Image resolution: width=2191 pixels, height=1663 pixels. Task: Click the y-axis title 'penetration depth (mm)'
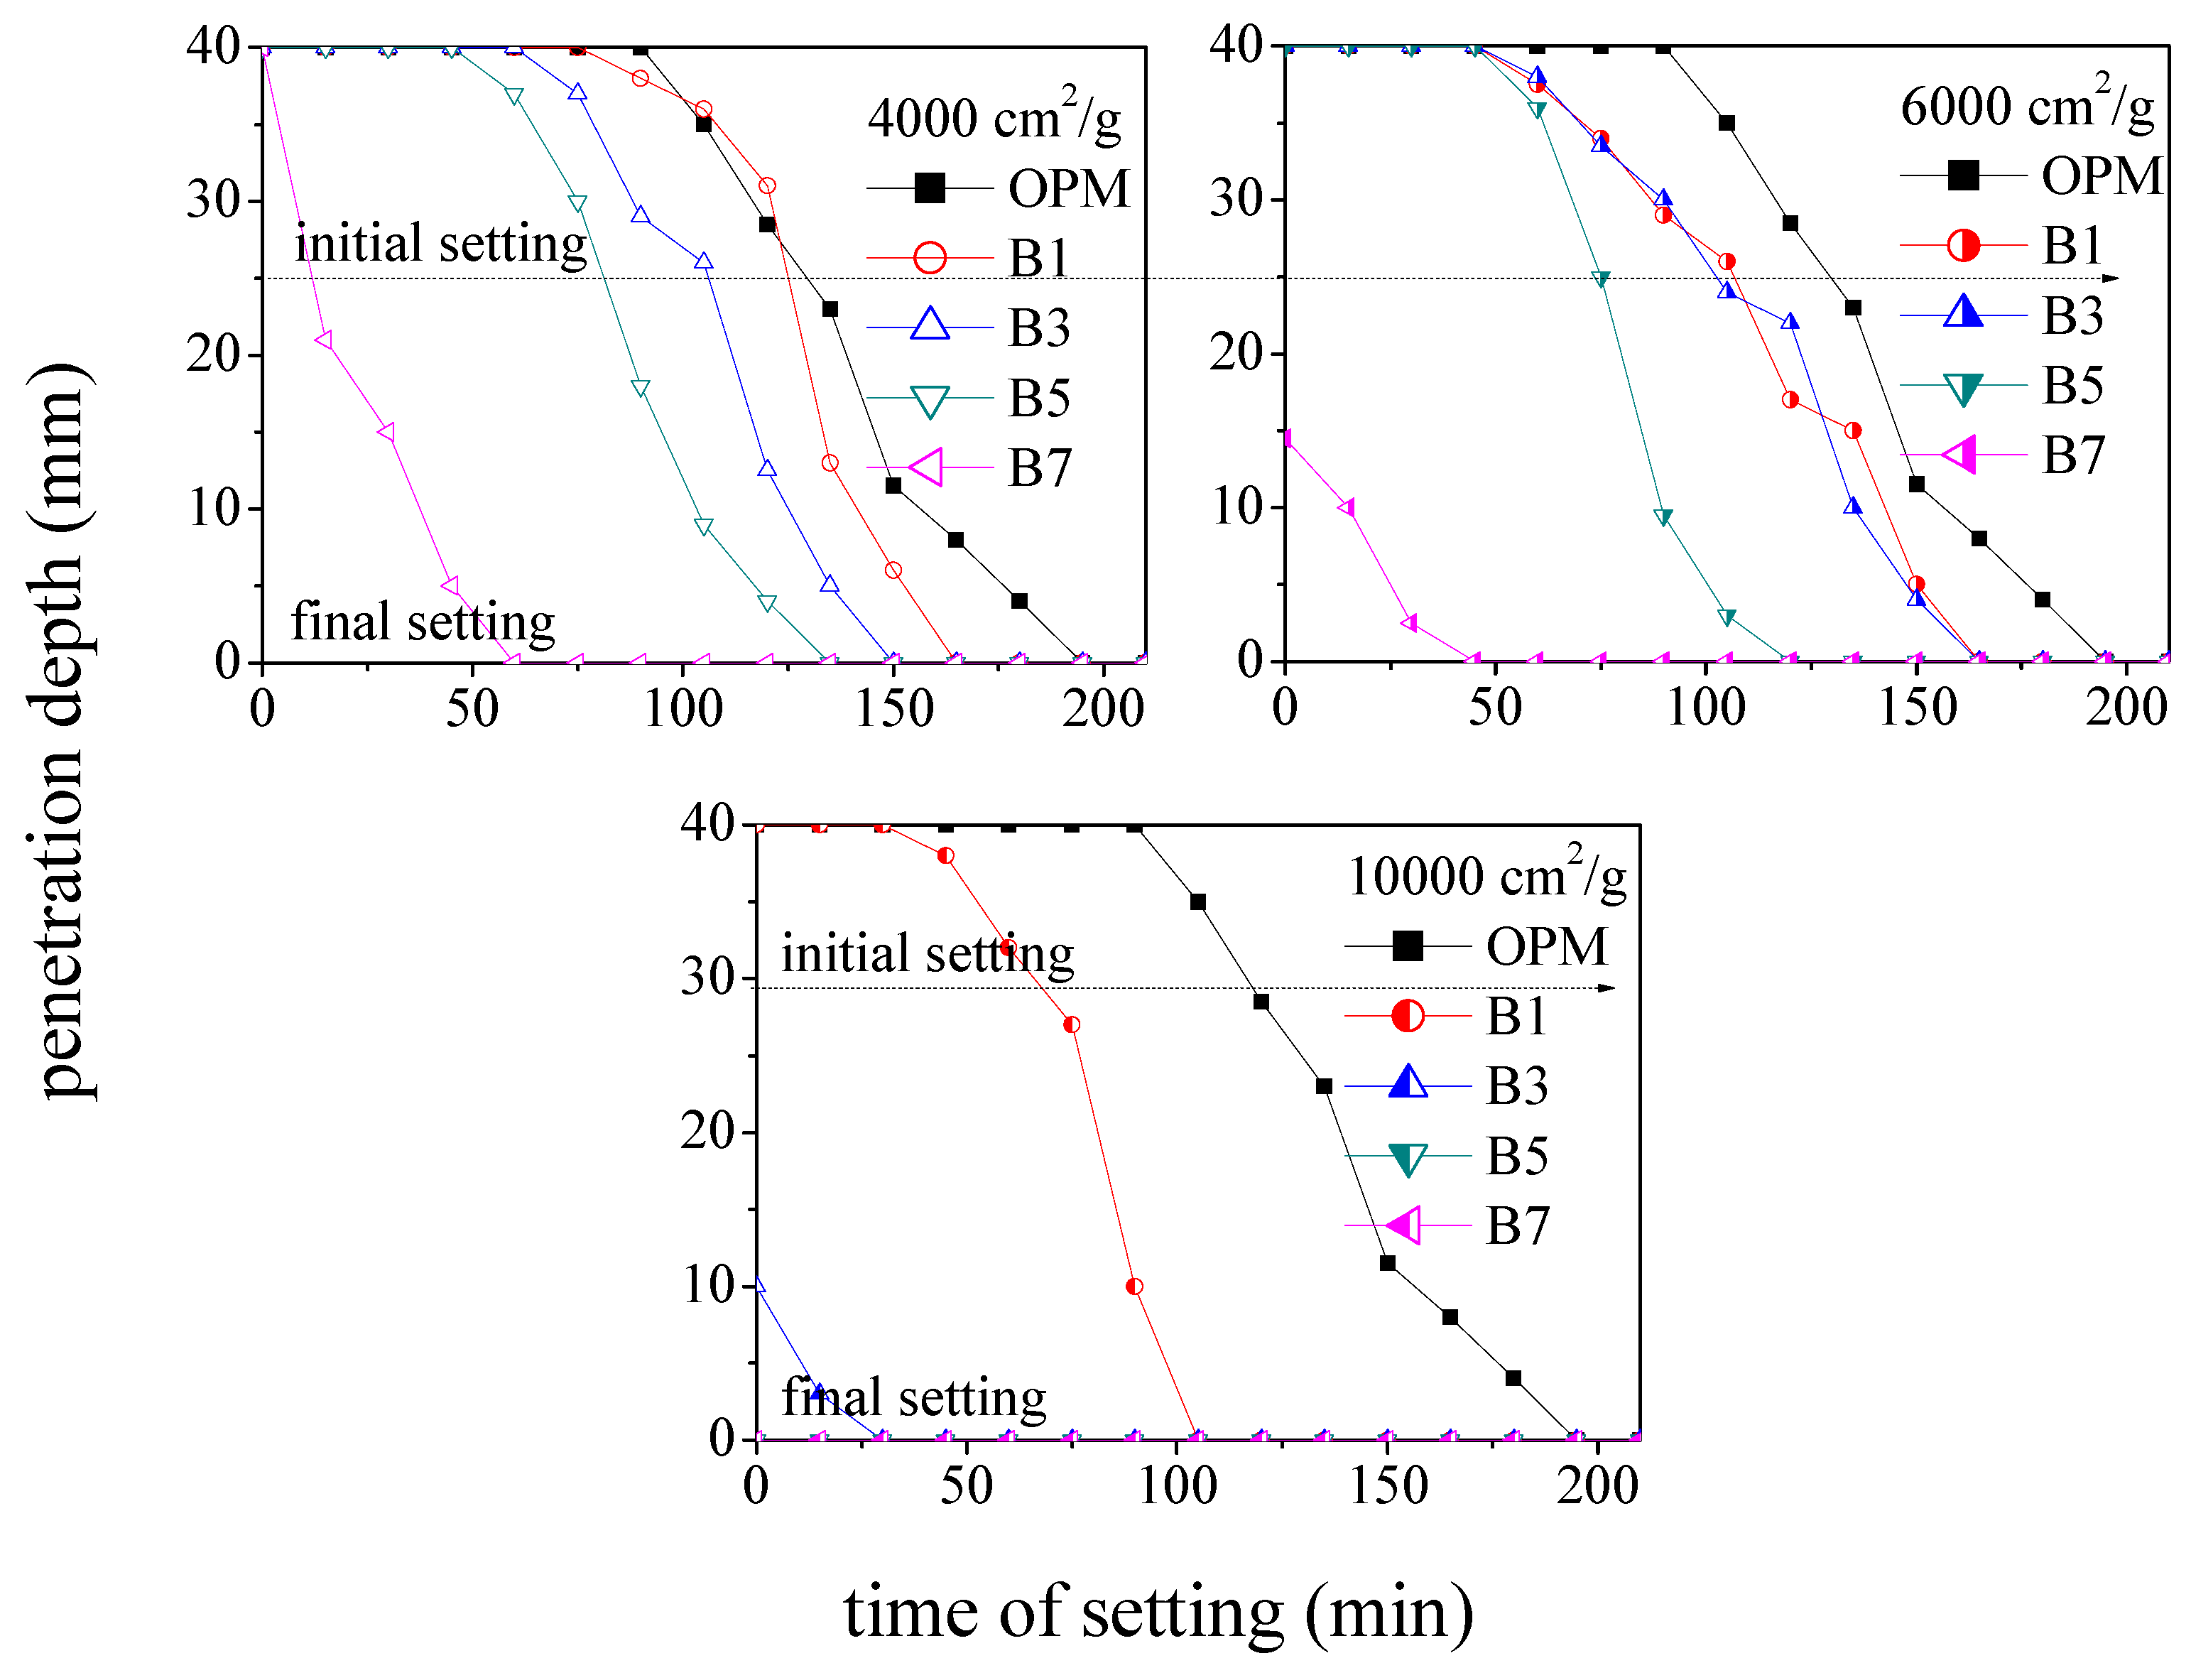61,733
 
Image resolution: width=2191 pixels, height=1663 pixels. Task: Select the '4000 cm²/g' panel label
994,117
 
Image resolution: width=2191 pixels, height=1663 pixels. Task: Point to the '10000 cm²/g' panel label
1486,876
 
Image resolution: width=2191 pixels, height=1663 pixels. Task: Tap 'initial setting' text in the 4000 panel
441,244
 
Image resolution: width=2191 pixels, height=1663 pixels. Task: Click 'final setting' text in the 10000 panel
913,1397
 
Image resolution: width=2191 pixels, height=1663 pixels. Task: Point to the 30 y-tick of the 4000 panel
213,201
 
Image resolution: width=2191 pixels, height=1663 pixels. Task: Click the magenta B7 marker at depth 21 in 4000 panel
324,340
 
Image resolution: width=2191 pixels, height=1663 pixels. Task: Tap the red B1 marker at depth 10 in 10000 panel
1134,1286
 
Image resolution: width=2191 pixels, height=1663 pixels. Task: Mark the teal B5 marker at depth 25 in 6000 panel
1601,279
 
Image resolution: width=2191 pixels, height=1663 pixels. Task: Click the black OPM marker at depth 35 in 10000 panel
1197,902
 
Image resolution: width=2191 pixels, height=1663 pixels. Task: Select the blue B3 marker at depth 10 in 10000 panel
758,1286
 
